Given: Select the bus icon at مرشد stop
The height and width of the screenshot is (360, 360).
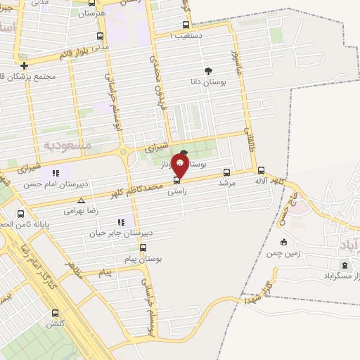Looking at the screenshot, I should [226, 172].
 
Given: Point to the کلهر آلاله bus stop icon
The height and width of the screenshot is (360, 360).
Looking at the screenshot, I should [262, 170].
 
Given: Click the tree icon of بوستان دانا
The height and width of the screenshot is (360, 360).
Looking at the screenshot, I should [208, 70].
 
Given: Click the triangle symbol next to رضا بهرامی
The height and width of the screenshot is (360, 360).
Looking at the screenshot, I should [82, 200].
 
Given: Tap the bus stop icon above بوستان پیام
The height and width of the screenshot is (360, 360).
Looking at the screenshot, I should [143, 248].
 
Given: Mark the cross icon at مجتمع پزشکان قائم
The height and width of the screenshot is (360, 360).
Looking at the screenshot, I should [24, 65].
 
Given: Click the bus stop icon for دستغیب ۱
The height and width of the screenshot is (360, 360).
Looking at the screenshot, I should [166, 25].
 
